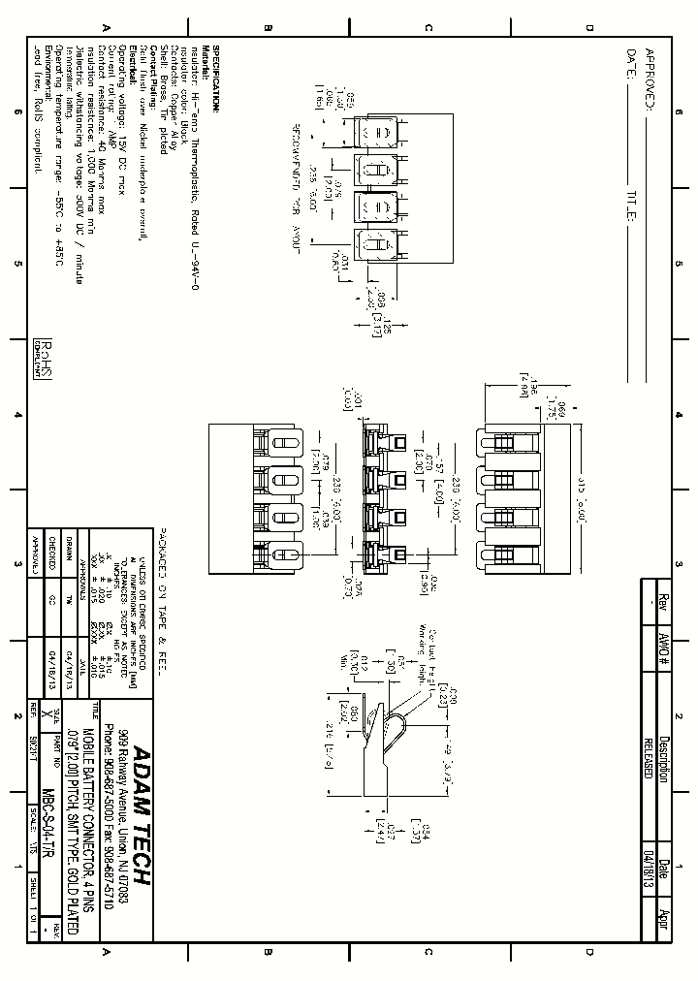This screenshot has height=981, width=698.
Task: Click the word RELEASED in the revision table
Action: [x=648, y=752]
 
